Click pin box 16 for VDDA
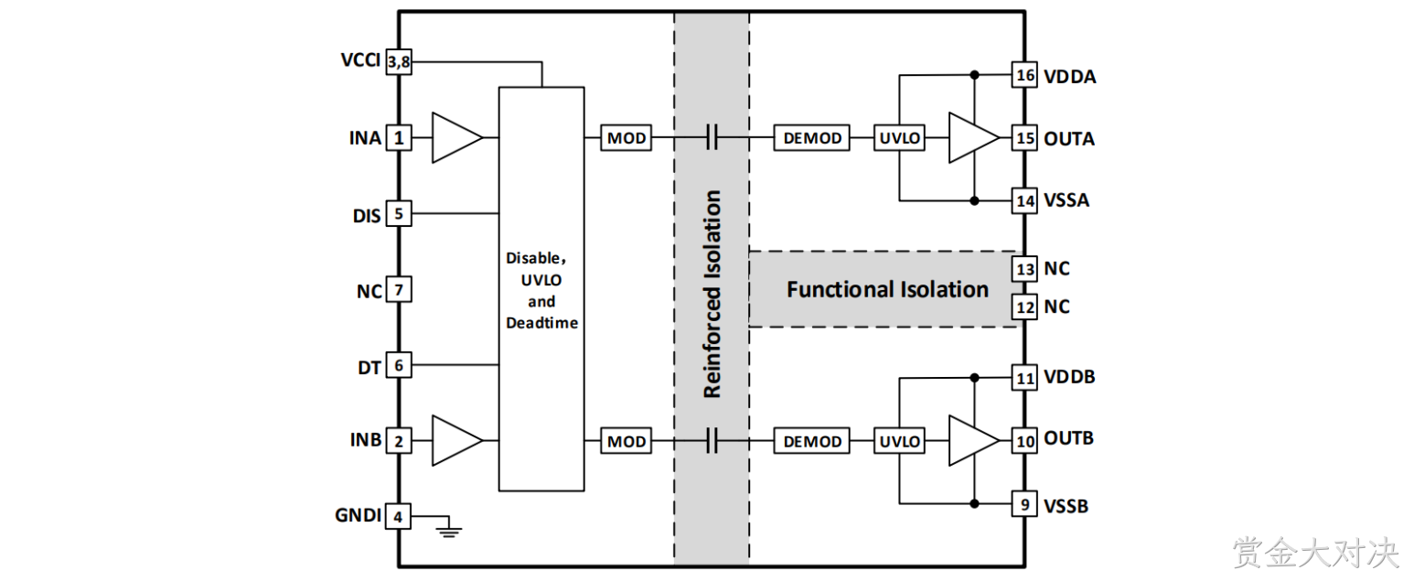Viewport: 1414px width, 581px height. (1023, 75)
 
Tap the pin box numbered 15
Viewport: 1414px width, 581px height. (1023, 137)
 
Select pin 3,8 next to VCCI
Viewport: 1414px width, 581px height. (399, 62)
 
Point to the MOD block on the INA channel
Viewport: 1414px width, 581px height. (627, 137)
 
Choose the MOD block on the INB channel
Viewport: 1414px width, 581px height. (627, 441)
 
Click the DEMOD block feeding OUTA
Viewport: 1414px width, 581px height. (812, 137)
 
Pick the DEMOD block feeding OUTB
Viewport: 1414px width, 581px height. (812, 441)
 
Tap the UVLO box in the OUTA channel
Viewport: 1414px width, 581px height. (900, 137)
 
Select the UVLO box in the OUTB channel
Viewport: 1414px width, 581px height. (900, 441)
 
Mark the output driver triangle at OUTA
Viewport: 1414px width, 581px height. (974, 137)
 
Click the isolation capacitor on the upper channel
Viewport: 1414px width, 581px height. (712, 137)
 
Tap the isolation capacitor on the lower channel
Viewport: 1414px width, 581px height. (712, 441)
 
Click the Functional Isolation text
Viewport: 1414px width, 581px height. (887, 290)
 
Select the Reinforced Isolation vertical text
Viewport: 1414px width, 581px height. (712, 294)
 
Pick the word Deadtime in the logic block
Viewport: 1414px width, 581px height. (541, 323)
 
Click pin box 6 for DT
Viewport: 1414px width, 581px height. (399, 365)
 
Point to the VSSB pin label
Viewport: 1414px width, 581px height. (1066, 507)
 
